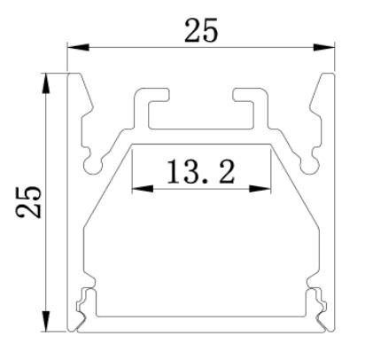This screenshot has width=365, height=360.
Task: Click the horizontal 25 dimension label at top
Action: tap(201, 30)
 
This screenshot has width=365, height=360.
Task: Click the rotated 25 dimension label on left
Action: tap(28, 202)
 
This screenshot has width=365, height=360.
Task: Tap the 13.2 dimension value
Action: tap(201, 171)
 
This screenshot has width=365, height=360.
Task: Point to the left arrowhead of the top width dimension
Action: tap(79, 47)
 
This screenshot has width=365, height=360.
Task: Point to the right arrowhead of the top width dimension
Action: tap(323, 47)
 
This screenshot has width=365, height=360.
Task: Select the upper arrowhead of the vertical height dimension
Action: tap(45, 83)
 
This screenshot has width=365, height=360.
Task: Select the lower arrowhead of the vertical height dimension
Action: tap(45, 321)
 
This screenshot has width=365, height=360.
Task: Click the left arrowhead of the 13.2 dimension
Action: tap(143, 188)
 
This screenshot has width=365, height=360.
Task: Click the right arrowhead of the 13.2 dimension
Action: tap(260, 188)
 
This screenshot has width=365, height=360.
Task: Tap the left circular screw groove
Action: tap(93, 165)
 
